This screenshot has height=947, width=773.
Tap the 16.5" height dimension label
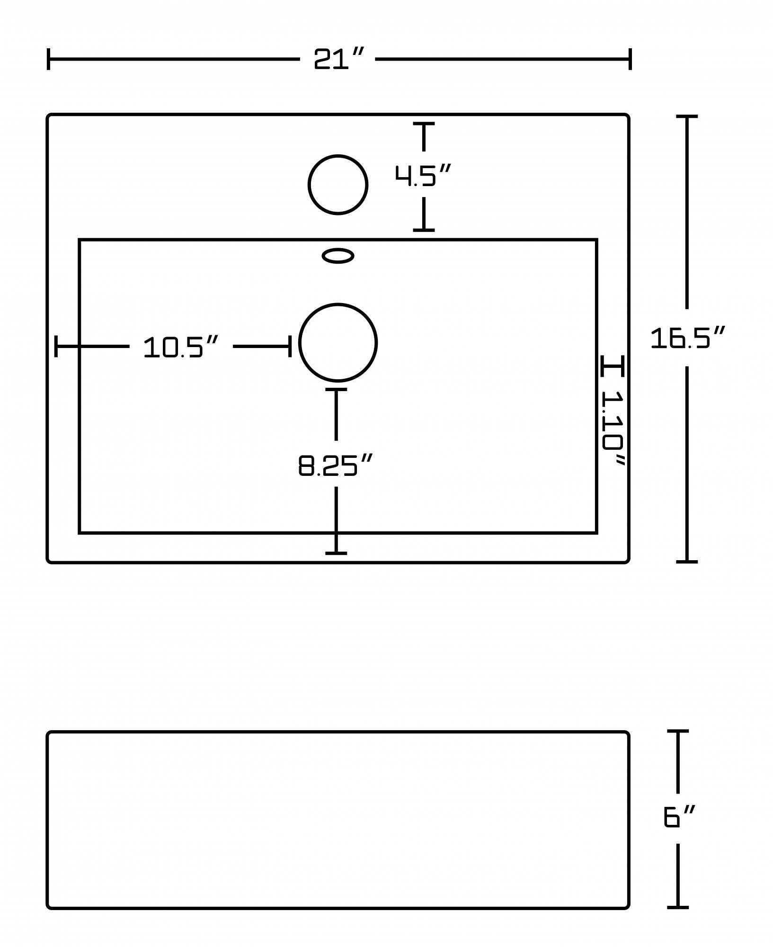coord(687,338)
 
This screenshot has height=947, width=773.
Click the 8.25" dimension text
coord(336,465)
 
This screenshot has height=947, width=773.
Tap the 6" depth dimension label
coord(679,817)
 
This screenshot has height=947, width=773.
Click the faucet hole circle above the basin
coord(338,185)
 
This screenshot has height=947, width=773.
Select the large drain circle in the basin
coord(338,342)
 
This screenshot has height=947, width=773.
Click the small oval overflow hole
coord(338,256)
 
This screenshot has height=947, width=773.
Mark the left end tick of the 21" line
coord(49,59)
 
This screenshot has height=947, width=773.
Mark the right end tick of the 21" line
coord(630,59)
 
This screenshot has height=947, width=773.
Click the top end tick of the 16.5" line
coord(687,116)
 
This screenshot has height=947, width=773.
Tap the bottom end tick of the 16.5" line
coord(687,562)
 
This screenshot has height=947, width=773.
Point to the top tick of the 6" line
coord(678,732)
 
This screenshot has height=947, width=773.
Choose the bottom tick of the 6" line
coord(678,907)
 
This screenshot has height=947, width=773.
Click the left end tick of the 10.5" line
coord(56,346)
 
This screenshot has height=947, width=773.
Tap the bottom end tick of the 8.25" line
coord(336,553)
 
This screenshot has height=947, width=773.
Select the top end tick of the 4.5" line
coord(424,124)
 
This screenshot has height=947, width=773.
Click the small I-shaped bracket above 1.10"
coord(613,366)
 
